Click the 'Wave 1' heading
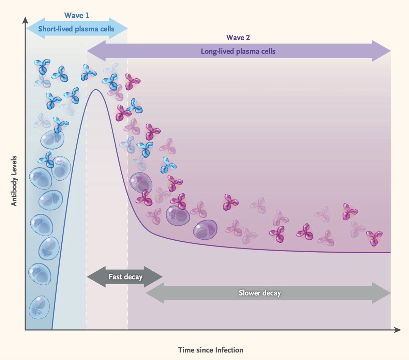tap(77, 15)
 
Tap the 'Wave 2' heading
tap(238, 37)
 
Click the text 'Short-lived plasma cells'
tap(76, 29)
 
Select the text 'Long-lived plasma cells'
tap(238, 51)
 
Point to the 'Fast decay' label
tap(125, 277)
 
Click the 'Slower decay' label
tap(259, 293)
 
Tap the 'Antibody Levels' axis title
tap(14, 181)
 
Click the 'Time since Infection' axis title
tap(211, 350)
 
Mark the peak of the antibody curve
tap(96, 90)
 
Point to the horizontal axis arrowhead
tap(397, 330)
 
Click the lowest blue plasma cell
tap(39, 307)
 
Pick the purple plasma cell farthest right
tap(205, 229)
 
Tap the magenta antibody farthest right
tap(374, 238)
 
